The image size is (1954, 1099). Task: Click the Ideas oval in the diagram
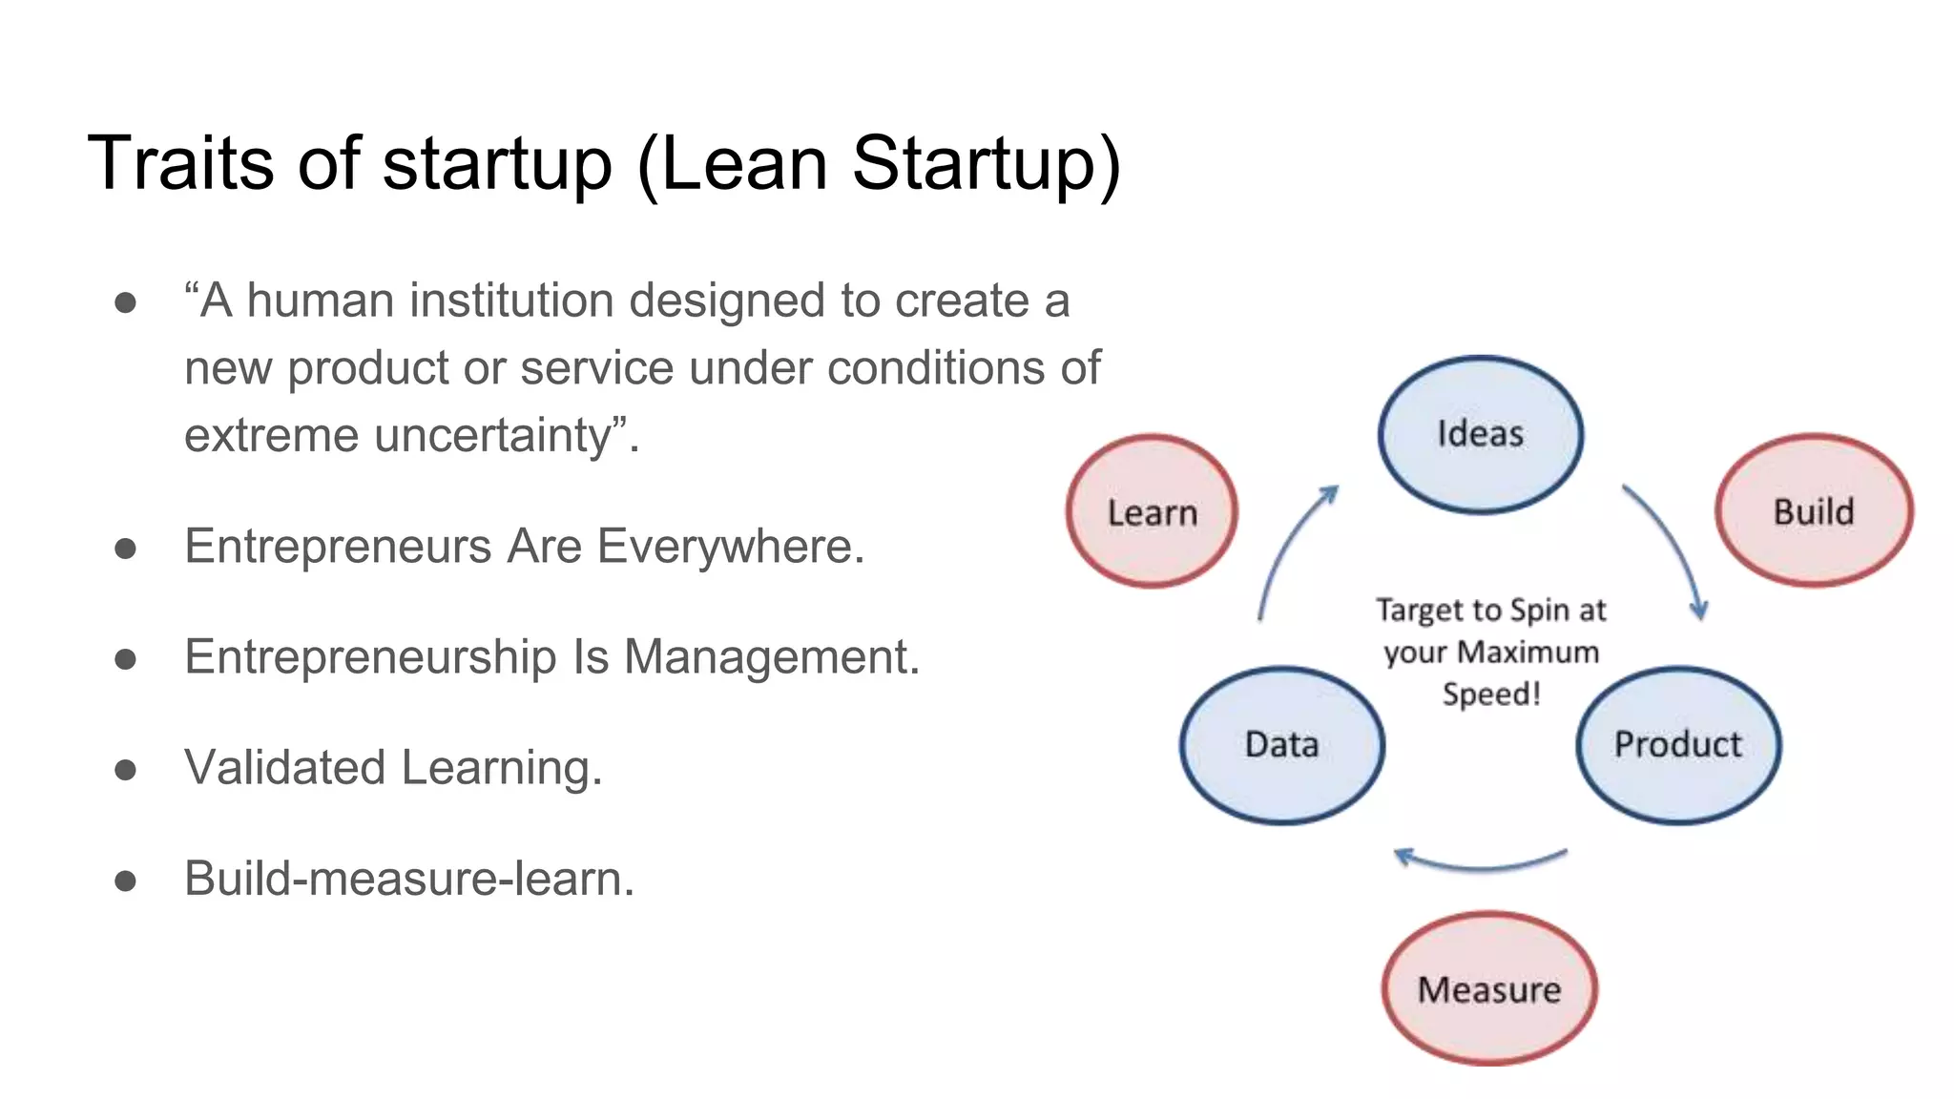[1480, 434]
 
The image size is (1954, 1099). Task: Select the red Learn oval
[1152, 512]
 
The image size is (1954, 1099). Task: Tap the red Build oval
[1814, 511]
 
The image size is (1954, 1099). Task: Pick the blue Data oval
[1281, 744]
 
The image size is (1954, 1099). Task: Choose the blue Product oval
[1677, 744]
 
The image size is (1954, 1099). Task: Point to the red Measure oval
[1488, 989]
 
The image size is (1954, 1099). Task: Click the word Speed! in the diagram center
[1491, 694]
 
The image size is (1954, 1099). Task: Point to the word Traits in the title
[181, 163]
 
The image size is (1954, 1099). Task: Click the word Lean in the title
[743, 163]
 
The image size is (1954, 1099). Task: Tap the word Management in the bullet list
[772, 657]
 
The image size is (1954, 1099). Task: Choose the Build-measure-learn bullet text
[408, 879]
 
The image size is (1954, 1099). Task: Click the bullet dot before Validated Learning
[125, 770]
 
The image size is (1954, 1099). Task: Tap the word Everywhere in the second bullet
[729, 547]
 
